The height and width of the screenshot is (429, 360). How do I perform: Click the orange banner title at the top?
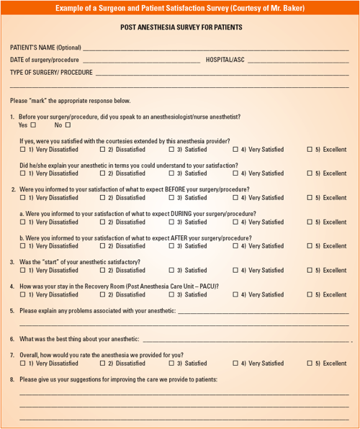pyautogui.click(x=180, y=8)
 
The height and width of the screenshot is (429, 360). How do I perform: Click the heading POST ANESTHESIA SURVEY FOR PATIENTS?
pyautogui.click(x=180, y=27)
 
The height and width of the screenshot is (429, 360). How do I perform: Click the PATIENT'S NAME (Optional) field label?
pyautogui.click(x=45, y=48)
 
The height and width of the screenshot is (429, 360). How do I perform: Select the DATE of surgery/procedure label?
pyautogui.click(x=45, y=60)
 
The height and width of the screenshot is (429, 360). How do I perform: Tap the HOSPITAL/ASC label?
pyautogui.click(x=225, y=60)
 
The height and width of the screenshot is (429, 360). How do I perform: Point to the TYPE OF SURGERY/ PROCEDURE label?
pyautogui.click(x=51, y=73)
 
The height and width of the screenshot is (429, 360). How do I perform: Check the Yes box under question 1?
pyautogui.click(x=33, y=125)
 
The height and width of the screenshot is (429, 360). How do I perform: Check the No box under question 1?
pyautogui.click(x=68, y=125)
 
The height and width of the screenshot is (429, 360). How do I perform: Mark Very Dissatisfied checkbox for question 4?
pyautogui.click(x=23, y=294)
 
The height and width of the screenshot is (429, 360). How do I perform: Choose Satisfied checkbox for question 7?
pyautogui.click(x=172, y=363)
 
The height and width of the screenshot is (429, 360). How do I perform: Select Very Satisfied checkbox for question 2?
pyautogui.click(x=235, y=198)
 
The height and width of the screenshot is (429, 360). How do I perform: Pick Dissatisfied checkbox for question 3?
pyautogui.click(x=102, y=271)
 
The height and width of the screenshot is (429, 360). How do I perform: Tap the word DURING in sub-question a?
pyautogui.click(x=168, y=214)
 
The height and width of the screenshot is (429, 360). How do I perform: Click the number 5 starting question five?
pyautogui.click(x=12, y=311)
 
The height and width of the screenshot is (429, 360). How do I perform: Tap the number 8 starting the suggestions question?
pyautogui.click(x=12, y=379)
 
